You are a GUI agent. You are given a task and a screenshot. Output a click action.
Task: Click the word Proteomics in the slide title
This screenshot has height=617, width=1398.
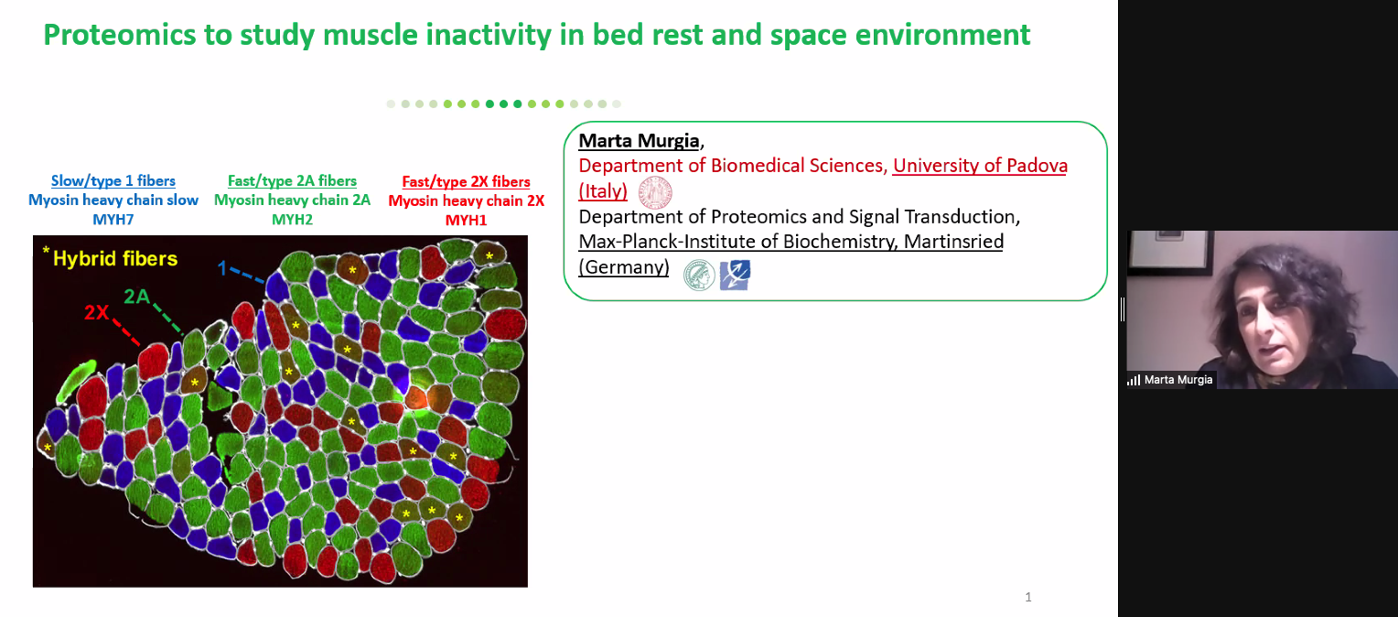tap(119, 35)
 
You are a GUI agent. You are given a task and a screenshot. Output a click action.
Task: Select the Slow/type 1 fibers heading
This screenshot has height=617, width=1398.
tap(113, 181)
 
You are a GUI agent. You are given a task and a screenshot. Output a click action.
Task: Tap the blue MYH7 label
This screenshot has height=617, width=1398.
tap(113, 219)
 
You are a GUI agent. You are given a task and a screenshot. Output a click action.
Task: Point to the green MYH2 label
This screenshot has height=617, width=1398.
tap(292, 219)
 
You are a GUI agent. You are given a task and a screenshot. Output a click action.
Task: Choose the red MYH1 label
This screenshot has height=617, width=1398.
tap(467, 220)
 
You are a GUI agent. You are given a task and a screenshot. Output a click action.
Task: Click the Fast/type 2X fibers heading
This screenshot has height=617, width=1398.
tap(467, 182)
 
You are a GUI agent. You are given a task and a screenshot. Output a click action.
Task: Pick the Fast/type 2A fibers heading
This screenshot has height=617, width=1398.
tap(292, 181)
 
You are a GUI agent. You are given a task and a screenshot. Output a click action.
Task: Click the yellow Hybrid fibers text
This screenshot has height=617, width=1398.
tap(115, 258)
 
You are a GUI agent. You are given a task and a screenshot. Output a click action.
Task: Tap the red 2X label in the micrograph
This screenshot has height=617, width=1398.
tap(97, 312)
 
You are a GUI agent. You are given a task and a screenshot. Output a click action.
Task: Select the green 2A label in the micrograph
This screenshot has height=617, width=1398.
tap(136, 296)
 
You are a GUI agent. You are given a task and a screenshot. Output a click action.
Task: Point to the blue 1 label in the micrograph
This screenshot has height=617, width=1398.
tap(221, 268)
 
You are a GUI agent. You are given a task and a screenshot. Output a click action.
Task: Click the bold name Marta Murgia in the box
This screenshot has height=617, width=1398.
tap(639, 141)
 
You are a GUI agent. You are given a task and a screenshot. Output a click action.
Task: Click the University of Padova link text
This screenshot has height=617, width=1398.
tap(980, 166)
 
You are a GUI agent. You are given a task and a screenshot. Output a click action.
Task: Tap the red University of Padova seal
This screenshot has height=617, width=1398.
tap(655, 191)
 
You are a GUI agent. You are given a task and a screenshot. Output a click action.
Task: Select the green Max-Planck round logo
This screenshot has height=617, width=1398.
tap(699, 275)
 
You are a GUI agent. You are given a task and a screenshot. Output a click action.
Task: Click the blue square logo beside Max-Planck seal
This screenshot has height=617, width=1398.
tap(735, 275)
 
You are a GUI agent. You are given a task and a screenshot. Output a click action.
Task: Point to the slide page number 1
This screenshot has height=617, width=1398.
tap(1027, 597)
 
